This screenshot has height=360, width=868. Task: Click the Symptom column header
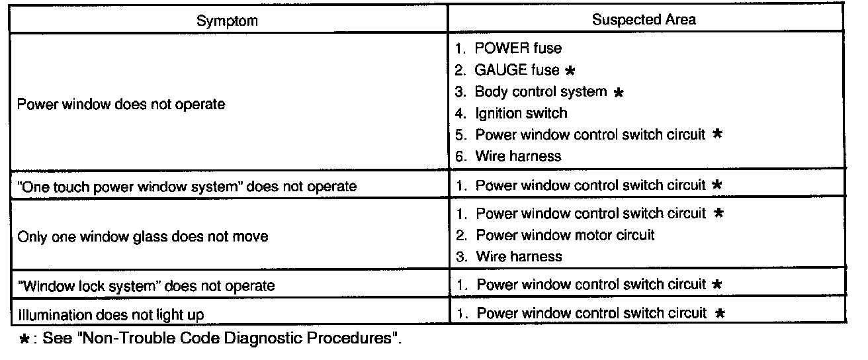[227, 21]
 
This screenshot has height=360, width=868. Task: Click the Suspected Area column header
[644, 19]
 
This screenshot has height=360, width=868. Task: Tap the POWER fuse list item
[518, 48]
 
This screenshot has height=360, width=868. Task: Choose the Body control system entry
[541, 91]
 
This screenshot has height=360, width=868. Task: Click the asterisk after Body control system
[618, 92]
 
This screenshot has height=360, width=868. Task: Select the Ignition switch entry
[520, 112]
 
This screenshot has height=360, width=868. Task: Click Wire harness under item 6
[517, 156]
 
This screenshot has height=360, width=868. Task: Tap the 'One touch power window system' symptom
[187, 187]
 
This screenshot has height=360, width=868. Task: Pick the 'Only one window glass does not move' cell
[142, 236]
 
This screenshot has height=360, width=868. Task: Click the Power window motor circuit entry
[565, 235]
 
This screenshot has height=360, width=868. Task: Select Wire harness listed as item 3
[519, 256]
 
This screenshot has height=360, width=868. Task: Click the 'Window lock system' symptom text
[146, 287]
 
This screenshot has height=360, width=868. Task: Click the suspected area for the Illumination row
[591, 313]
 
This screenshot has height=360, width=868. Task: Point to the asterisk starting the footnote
[25, 339]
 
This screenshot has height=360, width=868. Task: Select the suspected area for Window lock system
[591, 285]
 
